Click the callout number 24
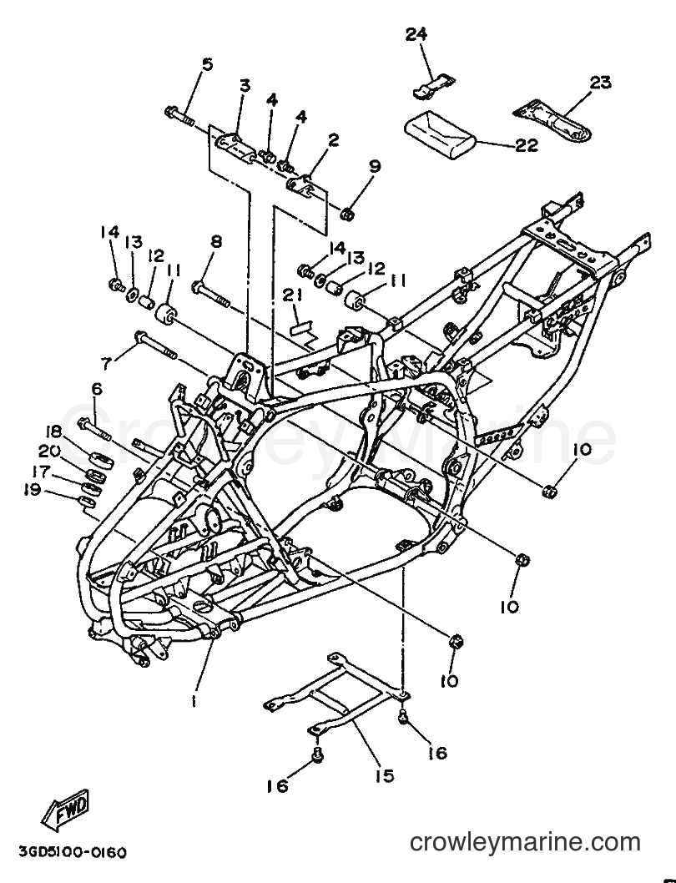pos(416,34)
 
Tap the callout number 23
pos(601,83)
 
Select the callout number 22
pos(527,144)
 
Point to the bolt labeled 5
pos(179,116)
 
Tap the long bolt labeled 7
pos(155,346)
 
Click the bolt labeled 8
pos(211,294)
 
